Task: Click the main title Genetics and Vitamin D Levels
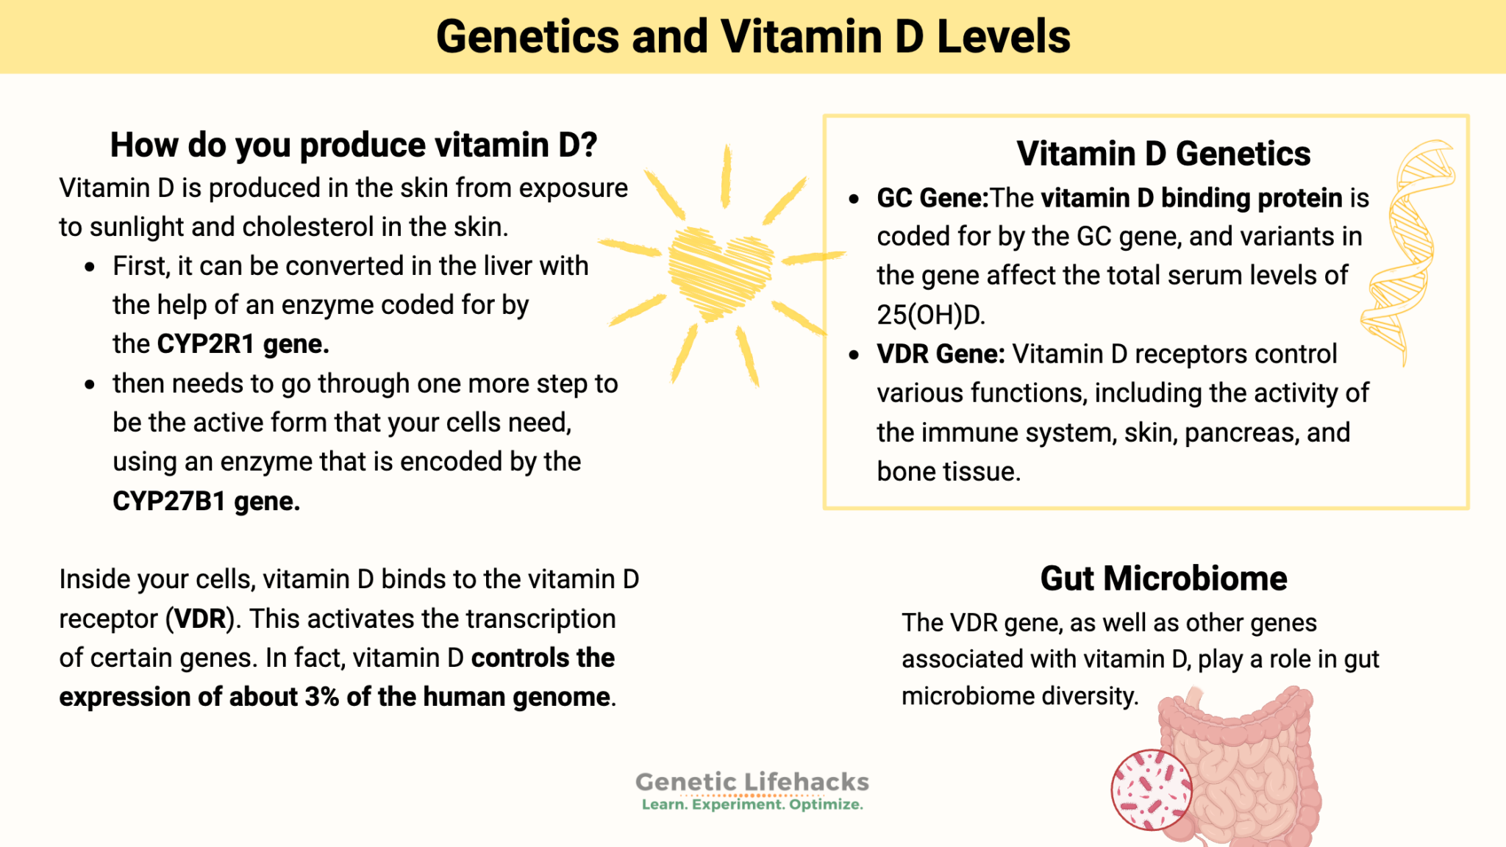pyautogui.click(x=752, y=37)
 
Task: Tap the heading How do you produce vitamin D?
pyautogui.click(x=353, y=145)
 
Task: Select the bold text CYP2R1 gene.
pyautogui.click(x=243, y=344)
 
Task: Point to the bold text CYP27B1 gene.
pyautogui.click(x=206, y=501)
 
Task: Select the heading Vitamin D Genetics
pyautogui.click(x=1163, y=154)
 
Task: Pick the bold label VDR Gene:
pyautogui.click(x=941, y=354)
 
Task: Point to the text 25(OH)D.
pyautogui.click(x=930, y=315)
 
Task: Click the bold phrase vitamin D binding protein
pyautogui.click(x=1191, y=199)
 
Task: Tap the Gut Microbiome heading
pyautogui.click(x=1163, y=579)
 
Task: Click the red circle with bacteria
pyautogui.click(x=1151, y=790)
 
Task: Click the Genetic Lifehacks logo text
pyautogui.click(x=752, y=782)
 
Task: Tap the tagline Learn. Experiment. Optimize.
pyautogui.click(x=752, y=805)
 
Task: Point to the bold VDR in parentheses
pyautogui.click(x=199, y=619)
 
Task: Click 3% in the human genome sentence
pyautogui.click(x=321, y=697)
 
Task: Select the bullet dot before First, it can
pyautogui.click(x=90, y=267)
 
